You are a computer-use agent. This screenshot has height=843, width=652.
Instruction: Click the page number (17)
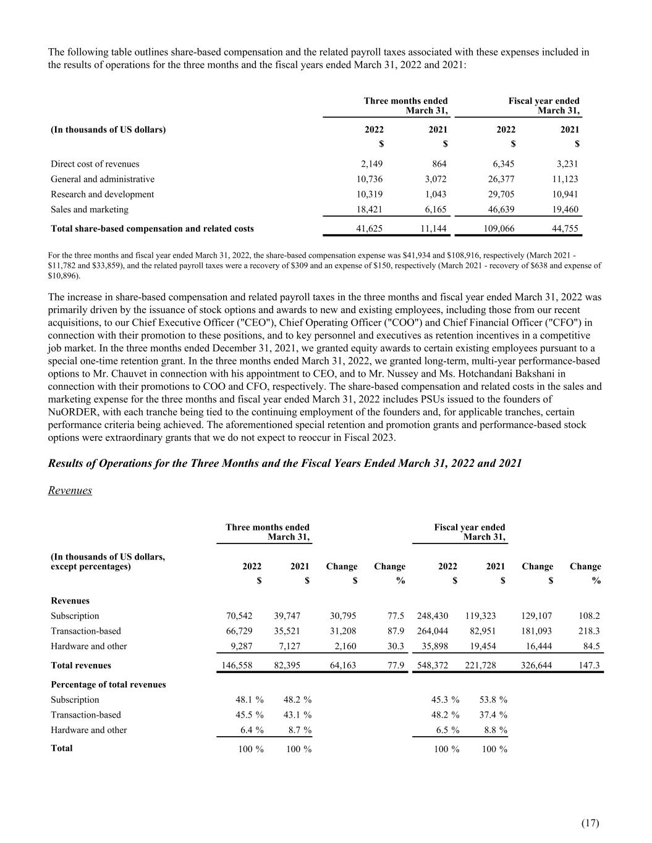590,823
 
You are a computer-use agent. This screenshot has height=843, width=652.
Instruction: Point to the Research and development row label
102,195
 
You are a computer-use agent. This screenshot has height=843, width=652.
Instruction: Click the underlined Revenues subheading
70,490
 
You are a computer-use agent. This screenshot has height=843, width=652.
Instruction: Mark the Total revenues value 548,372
433,666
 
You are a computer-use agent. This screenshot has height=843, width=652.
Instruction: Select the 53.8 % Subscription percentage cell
493,700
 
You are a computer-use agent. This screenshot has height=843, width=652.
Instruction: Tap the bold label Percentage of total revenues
108,685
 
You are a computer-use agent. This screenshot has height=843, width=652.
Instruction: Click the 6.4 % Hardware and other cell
252,731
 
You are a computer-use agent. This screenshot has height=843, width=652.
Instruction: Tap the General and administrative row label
103,180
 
